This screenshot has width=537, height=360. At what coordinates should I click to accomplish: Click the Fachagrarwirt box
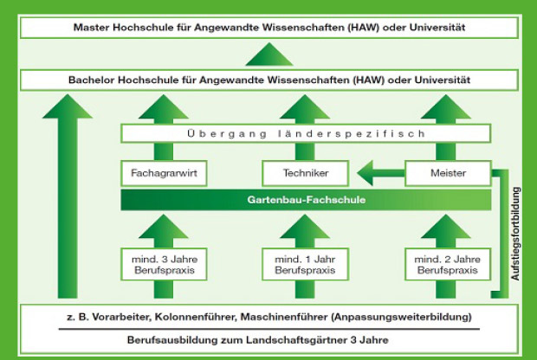point(164,173)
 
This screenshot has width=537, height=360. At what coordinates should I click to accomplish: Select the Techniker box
point(306,173)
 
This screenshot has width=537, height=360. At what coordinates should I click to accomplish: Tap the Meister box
point(449,173)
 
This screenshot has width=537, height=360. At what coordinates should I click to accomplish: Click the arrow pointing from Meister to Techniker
point(381,173)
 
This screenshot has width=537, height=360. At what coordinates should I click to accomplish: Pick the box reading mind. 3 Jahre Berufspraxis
point(164,265)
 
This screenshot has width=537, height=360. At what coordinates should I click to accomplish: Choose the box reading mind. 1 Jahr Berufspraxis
point(306,265)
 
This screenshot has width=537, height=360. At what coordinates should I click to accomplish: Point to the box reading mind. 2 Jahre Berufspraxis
point(448,265)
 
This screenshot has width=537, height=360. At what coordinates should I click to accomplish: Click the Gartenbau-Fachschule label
point(306,200)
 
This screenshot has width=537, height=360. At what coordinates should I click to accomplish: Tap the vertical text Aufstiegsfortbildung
point(515,234)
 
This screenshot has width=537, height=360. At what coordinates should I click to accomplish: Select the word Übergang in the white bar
point(227,133)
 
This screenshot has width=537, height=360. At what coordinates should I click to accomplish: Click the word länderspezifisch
point(352,133)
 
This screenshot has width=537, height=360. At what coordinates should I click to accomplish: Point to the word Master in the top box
point(92,28)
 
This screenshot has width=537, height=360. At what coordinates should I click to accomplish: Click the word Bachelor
point(92,80)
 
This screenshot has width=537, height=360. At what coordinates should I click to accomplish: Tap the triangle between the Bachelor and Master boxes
point(269,54)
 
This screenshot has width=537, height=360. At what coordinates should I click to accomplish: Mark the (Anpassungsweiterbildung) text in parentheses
point(401,317)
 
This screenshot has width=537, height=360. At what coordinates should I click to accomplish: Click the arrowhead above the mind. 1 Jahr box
point(305,227)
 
